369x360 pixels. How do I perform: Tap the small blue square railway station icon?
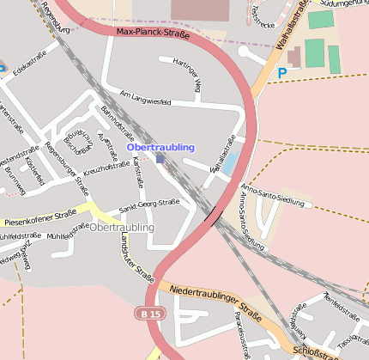(160, 158)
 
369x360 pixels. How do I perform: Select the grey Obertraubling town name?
(122, 228)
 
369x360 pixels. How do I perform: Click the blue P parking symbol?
(281, 74)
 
